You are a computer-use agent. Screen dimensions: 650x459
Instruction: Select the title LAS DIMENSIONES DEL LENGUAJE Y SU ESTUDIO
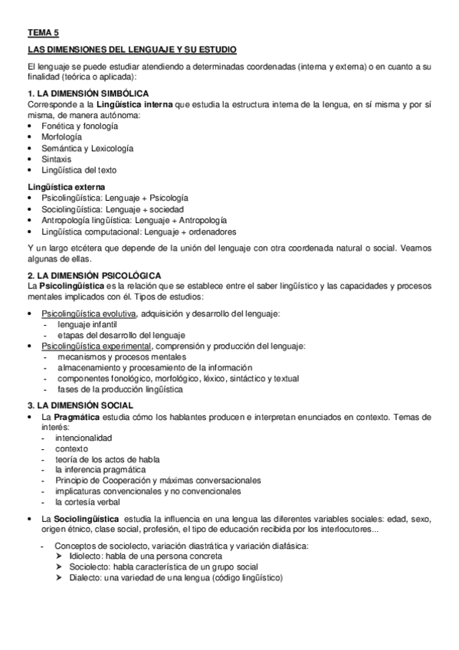(132, 50)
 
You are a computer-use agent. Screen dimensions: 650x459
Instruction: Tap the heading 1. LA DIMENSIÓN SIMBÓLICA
(88, 93)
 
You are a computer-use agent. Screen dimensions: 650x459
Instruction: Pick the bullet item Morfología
(63, 136)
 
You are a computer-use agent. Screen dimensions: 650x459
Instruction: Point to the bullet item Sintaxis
(57, 159)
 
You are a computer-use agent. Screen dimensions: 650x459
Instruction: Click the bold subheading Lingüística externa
(66, 186)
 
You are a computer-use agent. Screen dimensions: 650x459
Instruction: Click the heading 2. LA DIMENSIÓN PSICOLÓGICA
(93, 275)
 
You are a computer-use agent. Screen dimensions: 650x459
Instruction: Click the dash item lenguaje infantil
(87, 325)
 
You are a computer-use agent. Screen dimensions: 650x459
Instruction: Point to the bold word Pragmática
(77, 416)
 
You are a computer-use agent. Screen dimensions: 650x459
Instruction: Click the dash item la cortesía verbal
(87, 502)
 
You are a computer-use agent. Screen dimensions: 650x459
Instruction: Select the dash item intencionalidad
(84, 438)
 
